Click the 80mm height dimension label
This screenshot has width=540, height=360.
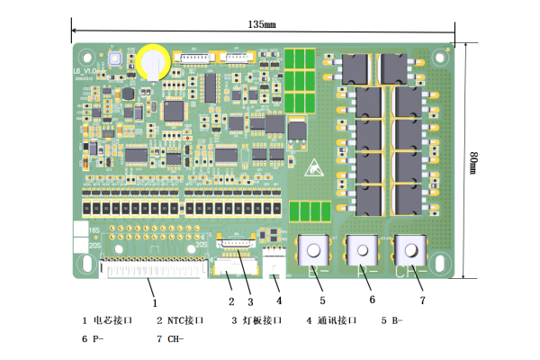coord(473,163)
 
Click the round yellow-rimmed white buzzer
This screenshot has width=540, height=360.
coord(156,59)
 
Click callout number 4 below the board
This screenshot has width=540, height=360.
coord(279,300)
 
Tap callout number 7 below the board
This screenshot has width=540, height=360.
coord(420,300)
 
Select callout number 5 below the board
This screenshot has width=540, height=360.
coord(321,300)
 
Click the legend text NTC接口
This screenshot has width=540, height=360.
coord(184,320)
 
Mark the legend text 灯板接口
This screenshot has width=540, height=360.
coord(262,320)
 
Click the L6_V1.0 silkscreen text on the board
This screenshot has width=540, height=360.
coord(86,68)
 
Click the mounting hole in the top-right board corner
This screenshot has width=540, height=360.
coord(443,55)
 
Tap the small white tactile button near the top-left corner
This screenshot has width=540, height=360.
coord(116,59)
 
